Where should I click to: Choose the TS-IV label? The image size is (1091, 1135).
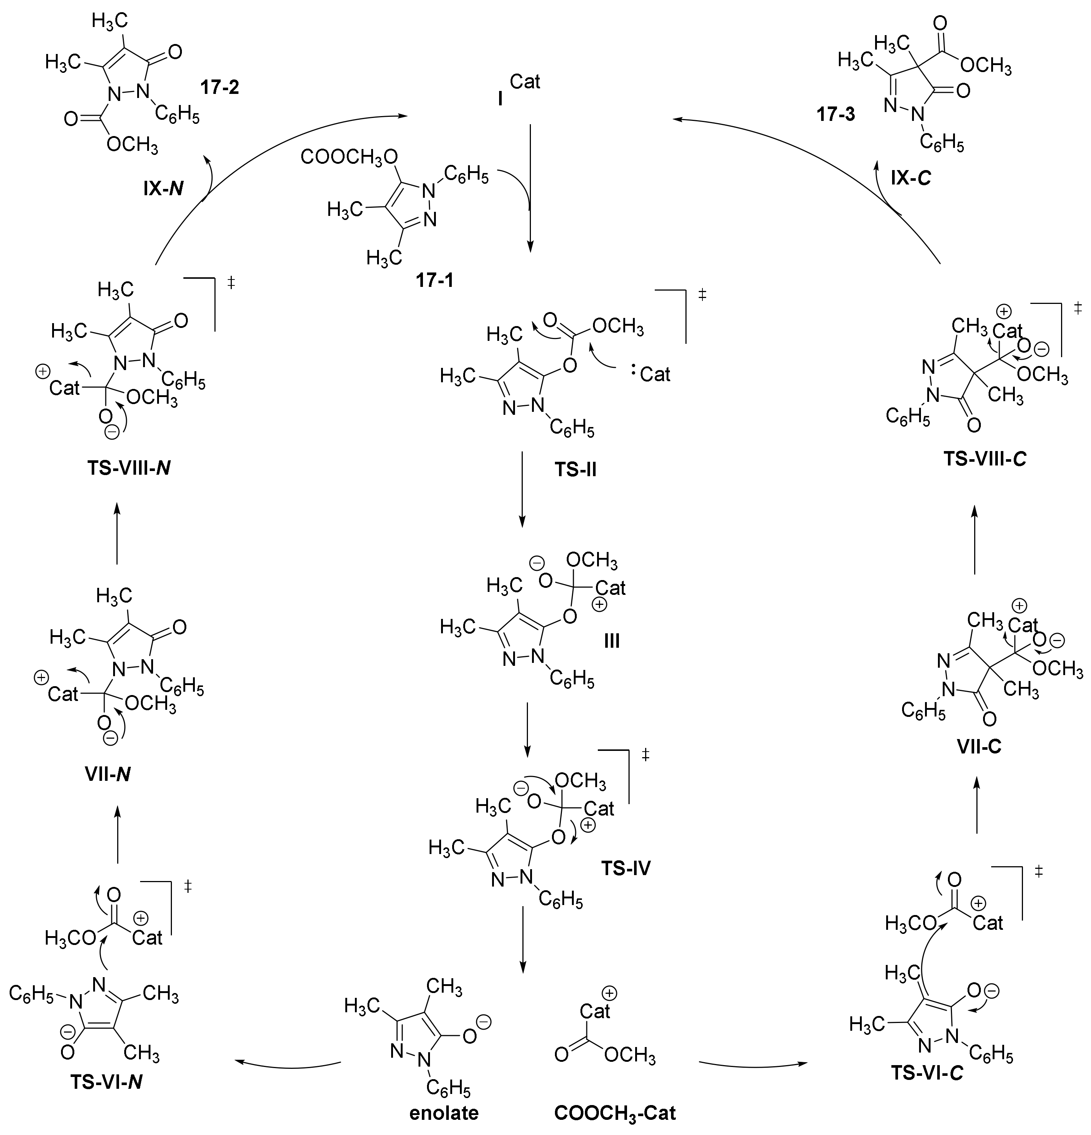[626, 868]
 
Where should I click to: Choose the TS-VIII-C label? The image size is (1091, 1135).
[986, 459]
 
